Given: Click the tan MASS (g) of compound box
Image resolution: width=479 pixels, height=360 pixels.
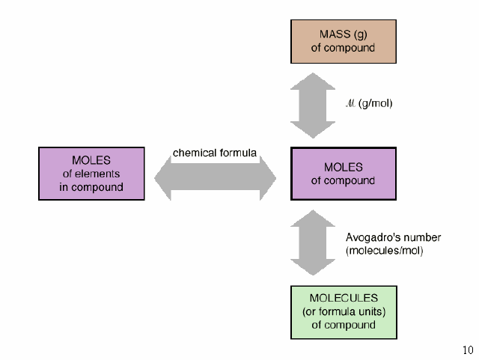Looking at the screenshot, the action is [344, 42].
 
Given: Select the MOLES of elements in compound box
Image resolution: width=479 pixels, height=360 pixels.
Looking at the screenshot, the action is [91, 174].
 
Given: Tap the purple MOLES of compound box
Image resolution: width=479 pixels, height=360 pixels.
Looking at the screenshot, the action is [344, 174].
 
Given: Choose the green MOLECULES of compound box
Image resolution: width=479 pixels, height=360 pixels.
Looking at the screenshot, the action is [344, 312].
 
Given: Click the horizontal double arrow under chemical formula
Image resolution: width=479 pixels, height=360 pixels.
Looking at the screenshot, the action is [215, 178].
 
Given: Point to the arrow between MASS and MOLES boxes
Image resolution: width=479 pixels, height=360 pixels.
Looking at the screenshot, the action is [313, 106].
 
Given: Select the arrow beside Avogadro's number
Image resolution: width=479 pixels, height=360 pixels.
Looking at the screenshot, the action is [313, 242].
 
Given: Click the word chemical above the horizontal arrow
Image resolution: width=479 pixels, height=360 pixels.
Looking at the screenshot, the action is [191, 153].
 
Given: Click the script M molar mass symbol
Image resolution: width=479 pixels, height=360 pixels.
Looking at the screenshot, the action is [350, 103].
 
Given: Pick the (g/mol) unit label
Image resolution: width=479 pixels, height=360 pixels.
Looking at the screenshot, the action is [376, 103].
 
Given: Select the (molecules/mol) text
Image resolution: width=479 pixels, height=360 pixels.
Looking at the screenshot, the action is [385, 251].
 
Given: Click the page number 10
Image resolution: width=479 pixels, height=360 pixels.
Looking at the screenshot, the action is [468, 350].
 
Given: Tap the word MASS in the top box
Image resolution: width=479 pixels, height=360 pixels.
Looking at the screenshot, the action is [335, 34].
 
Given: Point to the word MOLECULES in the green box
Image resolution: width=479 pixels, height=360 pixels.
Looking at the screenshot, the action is [344, 298].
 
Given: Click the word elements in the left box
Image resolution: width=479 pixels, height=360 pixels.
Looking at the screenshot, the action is [97, 174].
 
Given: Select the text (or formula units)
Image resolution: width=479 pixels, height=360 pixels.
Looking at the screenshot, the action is [344, 311].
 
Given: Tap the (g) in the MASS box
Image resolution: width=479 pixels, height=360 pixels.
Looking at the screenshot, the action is [360, 35].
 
